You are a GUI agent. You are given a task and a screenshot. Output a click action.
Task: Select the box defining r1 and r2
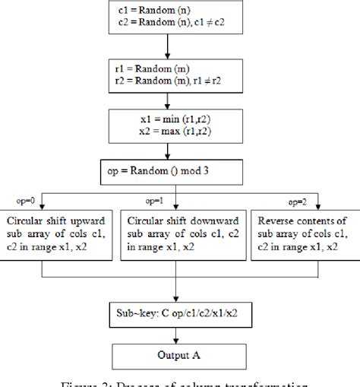(x=178, y=72)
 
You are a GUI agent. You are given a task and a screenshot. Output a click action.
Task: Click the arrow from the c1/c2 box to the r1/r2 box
(x=179, y=47)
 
